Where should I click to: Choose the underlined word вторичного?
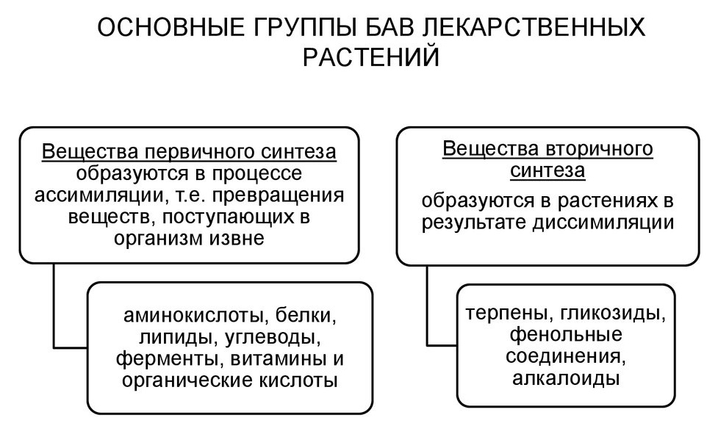coord(600,150)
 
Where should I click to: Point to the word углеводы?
coord(273,338)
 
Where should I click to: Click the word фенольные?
coord(566,335)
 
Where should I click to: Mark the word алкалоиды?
coord(566,379)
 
